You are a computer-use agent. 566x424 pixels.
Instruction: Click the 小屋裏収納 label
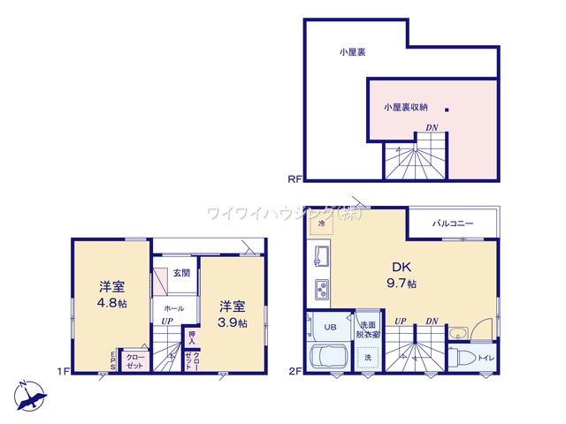coord(406,107)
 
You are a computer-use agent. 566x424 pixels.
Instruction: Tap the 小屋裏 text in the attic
coord(353,52)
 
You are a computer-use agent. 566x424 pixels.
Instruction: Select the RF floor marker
coord(294,179)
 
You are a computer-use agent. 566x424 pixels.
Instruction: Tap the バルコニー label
coord(453,223)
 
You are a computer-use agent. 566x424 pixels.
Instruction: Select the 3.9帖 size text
coord(233,322)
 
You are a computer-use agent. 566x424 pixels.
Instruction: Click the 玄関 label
coord(181,272)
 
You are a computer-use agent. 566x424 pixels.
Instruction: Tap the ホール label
coord(173,309)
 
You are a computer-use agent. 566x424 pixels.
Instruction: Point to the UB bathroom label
coord(330,327)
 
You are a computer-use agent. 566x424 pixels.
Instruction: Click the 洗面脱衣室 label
coord(368,329)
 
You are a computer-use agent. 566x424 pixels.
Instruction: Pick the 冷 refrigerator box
coord(319,224)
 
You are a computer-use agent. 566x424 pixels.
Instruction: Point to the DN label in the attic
coord(432,128)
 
